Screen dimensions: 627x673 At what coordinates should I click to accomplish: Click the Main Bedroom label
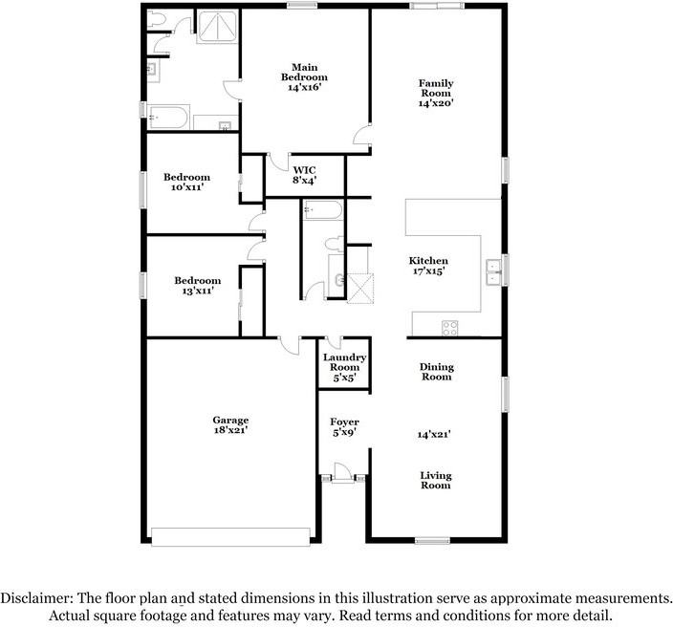coord(304,72)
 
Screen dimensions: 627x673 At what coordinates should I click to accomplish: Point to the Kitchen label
coord(428,261)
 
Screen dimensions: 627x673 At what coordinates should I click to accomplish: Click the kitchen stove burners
coord(449,328)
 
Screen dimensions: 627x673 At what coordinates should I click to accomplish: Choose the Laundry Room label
coord(344,362)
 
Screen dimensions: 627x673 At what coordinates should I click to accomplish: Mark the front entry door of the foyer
coord(339,475)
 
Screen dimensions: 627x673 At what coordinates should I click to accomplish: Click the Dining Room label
coord(437,372)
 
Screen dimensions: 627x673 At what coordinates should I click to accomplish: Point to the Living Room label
coord(436,480)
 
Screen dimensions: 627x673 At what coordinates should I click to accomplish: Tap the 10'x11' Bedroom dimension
coord(186,187)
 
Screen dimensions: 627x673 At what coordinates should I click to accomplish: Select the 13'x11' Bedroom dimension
coord(197,291)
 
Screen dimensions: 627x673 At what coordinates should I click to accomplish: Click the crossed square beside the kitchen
coord(359,287)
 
